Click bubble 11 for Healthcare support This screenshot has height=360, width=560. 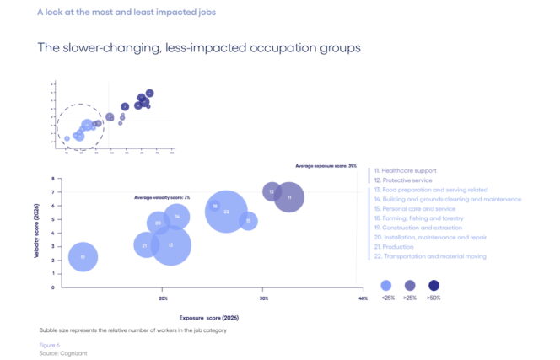click(x=289, y=197)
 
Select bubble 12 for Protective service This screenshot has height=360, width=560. click(x=272, y=191)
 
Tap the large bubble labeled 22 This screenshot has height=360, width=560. click(x=227, y=211)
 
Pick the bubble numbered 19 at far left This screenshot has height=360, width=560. click(x=83, y=256)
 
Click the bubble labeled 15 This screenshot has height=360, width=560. click(x=248, y=221)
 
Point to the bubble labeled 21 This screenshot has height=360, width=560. click(x=146, y=245)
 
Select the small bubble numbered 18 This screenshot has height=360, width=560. click(x=215, y=206)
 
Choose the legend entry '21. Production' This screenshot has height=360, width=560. click(x=398, y=246)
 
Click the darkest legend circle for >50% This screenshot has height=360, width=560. click(x=433, y=285)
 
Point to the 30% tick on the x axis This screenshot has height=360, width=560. click(x=263, y=298)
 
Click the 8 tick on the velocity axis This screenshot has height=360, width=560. click(x=52, y=179)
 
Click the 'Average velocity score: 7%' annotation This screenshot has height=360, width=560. click(x=162, y=197)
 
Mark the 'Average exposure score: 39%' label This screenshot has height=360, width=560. click(x=326, y=166)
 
